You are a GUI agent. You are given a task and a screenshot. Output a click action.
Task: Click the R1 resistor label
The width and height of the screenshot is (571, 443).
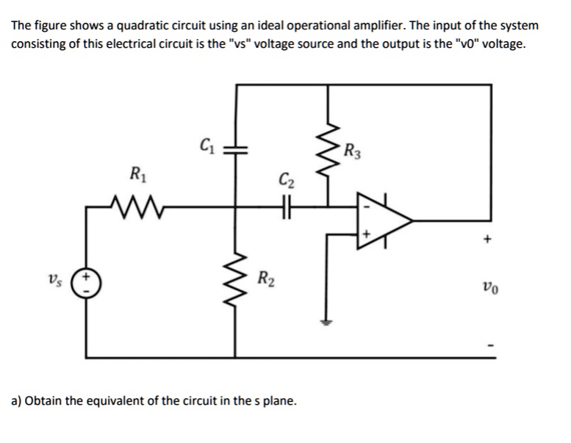[x=137, y=176]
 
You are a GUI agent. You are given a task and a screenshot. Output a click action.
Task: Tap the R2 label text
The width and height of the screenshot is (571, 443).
[x=265, y=278]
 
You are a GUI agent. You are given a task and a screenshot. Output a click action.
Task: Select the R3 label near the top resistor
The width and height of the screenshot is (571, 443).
[x=353, y=154]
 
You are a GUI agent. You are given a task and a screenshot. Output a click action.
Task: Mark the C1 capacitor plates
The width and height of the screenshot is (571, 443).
[x=236, y=148]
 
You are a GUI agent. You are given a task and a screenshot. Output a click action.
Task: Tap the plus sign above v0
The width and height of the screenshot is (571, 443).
[x=486, y=239]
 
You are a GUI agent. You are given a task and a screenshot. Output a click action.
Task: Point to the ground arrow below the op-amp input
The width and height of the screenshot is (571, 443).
[x=321, y=318]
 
